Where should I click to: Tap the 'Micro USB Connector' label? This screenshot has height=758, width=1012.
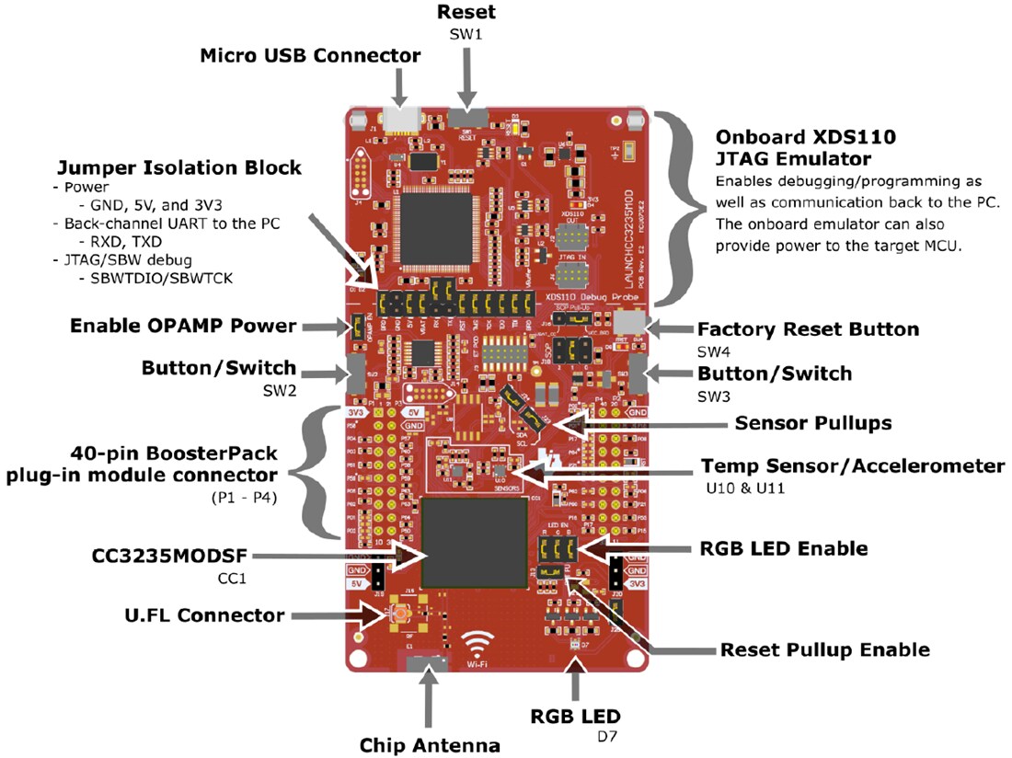click(310, 55)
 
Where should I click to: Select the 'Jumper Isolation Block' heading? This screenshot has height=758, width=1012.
click(179, 167)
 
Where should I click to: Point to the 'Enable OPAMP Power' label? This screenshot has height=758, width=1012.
click(183, 326)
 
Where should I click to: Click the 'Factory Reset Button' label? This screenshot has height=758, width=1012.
click(808, 329)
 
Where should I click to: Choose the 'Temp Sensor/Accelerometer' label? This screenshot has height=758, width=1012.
click(852, 466)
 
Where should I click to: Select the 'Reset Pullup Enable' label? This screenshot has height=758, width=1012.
click(824, 649)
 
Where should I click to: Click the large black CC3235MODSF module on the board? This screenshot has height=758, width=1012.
click(477, 543)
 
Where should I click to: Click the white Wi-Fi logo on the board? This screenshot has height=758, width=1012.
click(477, 641)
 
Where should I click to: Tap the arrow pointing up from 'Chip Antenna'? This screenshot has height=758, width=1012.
click(428, 700)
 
